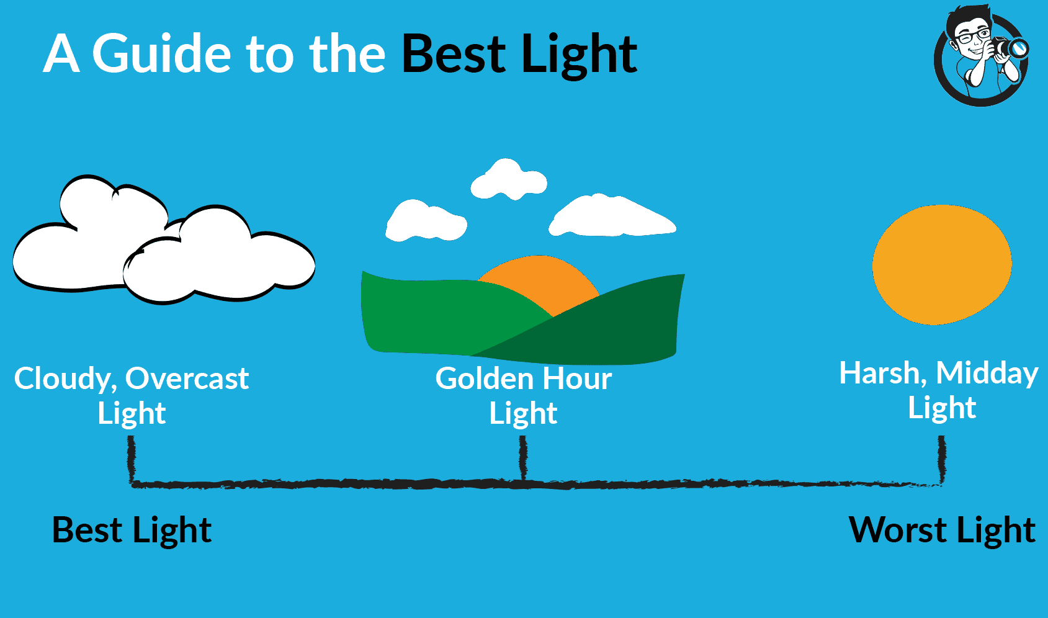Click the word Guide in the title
[x=161, y=54]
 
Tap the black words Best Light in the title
[x=519, y=55]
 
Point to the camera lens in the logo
[x=1018, y=48]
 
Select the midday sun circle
[x=942, y=265]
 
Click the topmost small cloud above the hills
[x=509, y=180]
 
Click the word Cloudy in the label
[x=66, y=380]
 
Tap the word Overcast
[x=187, y=378]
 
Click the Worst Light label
[x=942, y=531]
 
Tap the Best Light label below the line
[x=132, y=531]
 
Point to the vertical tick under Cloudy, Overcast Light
[x=132, y=459]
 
